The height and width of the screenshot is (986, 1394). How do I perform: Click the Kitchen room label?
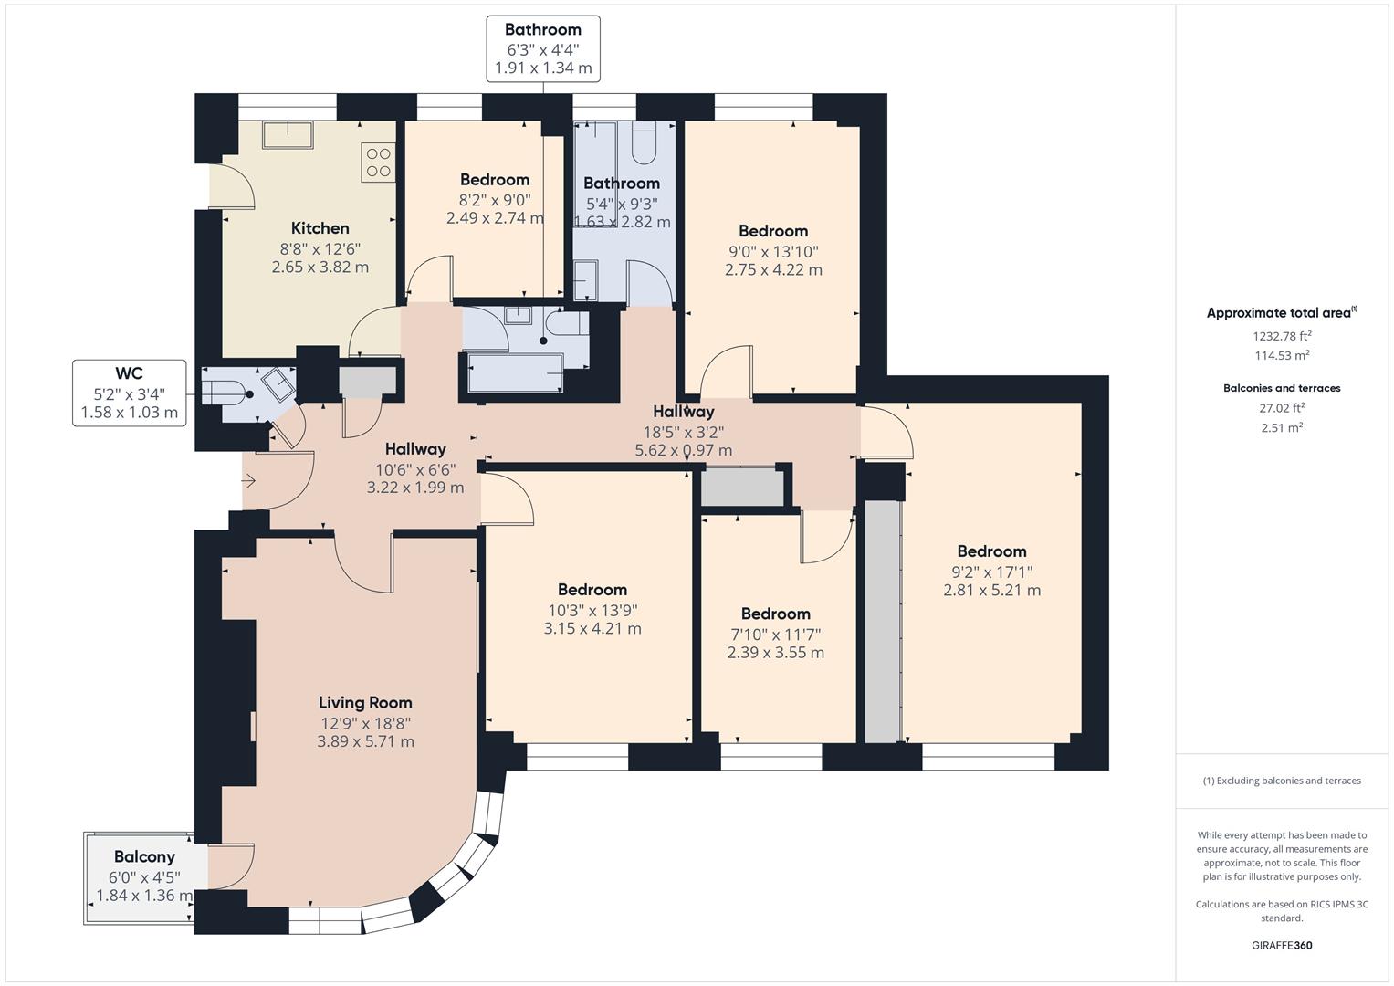[320, 228]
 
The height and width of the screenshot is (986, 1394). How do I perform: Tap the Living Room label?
[365, 702]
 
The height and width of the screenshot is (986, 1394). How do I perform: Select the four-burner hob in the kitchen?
[379, 163]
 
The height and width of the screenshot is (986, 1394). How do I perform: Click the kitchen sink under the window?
[288, 135]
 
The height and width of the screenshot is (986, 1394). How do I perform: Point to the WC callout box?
[129, 393]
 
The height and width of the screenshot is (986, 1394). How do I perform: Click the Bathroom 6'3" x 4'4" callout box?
[543, 48]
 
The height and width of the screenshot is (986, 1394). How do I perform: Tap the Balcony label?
[144, 856]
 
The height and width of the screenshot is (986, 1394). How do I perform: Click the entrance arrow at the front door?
[249, 481]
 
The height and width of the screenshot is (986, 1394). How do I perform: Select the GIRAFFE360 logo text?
[1282, 945]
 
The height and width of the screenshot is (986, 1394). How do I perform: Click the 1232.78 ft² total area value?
[1282, 336]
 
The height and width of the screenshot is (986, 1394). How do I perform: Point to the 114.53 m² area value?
[1282, 356]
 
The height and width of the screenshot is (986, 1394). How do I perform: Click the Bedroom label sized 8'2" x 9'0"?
[495, 180]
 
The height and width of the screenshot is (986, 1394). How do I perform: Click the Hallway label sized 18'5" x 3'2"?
[684, 412]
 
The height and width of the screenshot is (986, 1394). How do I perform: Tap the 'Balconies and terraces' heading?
[1282, 388]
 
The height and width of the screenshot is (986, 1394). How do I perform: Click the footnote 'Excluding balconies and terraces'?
[1282, 781]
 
